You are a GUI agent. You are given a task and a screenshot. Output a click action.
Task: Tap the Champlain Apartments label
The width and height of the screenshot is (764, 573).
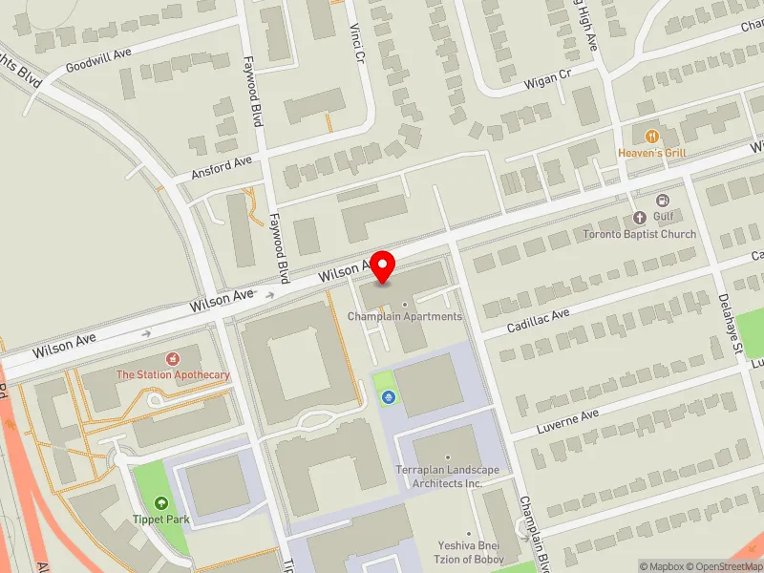(x=405, y=316)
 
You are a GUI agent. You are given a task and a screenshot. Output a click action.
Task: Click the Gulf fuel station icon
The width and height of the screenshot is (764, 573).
(x=662, y=201)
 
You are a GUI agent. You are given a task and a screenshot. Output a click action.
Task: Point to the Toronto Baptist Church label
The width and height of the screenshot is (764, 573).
(x=640, y=234)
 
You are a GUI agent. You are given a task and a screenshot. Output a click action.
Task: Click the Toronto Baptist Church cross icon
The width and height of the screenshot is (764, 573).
(x=641, y=217)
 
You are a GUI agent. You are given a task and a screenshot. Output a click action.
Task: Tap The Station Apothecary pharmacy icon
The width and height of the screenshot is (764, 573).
(x=173, y=359)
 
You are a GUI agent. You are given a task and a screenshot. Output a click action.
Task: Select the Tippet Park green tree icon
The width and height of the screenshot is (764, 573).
(x=161, y=502)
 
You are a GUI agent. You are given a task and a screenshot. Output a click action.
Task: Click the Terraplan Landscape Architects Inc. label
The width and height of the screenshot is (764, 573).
(x=448, y=477)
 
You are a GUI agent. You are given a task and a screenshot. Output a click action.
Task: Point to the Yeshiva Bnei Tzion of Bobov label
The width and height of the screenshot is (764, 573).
(x=470, y=553)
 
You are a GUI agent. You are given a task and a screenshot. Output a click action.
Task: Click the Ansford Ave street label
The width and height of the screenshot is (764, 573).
(x=222, y=166)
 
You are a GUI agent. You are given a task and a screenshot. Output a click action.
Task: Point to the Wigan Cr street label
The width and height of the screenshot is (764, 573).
(x=547, y=82)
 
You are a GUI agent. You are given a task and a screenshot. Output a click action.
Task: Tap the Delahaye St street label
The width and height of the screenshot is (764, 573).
(x=732, y=324)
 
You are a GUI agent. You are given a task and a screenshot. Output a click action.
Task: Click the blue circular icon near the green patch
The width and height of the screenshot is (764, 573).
(x=389, y=396)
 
